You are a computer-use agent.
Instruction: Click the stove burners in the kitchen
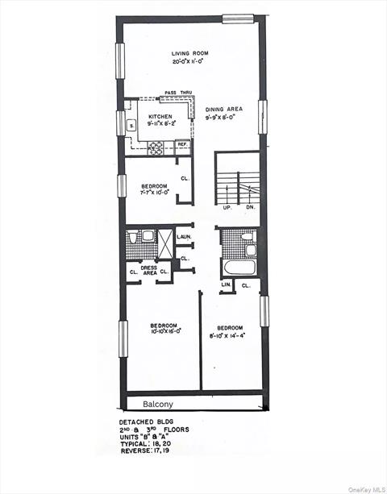point(156,147)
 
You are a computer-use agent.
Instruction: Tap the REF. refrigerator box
point(182,144)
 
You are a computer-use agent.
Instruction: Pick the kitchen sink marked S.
point(131,123)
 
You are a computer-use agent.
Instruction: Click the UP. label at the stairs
point(227,207)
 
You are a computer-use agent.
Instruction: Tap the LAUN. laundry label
point(184,236)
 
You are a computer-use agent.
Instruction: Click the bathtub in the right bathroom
point(239,268)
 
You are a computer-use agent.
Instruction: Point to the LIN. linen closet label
point(227,285)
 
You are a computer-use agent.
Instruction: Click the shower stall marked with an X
point(165,243)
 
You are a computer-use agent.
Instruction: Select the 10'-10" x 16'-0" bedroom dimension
point(165,330)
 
